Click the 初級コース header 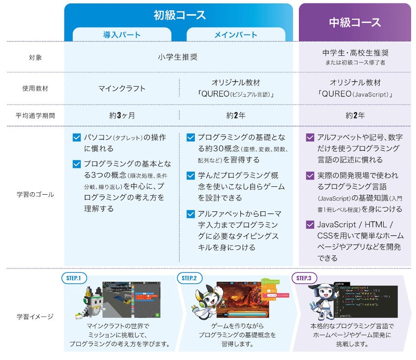coord(179,15)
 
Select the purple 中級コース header coord(355,22)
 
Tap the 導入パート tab coord(122,35)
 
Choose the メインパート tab coord(235,35)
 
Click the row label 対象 coord(35,57)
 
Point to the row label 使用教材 coord(35,89)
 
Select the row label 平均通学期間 coord(35,115)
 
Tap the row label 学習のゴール coord(35,194)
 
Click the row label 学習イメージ coord(35,316)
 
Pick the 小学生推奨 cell coord(178,57)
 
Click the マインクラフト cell coord(122,89)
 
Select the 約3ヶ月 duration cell coord(122,115)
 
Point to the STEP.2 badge coord(189,278)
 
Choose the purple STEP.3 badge coord(303,278)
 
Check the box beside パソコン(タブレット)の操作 coord(76,137)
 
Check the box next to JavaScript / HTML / coord(310,225)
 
